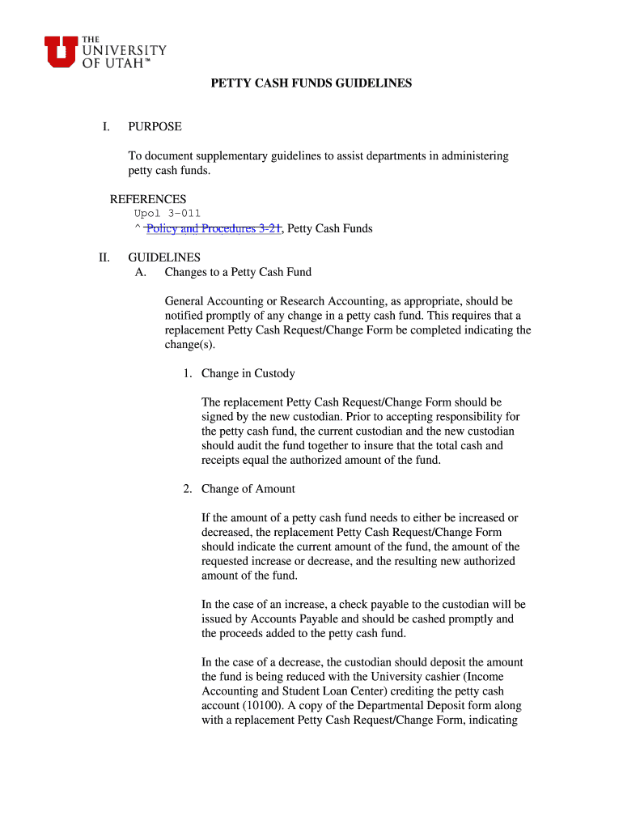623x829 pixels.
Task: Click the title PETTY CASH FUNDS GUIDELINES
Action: pyautogui.click(x=311, y=83)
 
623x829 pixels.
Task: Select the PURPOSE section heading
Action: pyautogui.click(x=155, y=127)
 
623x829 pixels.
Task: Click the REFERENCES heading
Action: pyautogui.click(x=148, y=199)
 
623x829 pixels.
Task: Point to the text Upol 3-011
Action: pyautogui.click(x=167, y=214)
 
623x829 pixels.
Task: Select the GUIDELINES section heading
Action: pyautogui.click(x=164, y=258)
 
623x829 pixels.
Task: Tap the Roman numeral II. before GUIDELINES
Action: pyautogui.click(x=104, y=258)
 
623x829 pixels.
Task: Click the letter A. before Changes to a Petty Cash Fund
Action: pyautogui.click(x=141, y=272)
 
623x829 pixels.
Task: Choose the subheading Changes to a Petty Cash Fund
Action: pyautogui.click(x=238, y=272)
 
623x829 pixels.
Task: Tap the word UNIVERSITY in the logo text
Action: pyautogui.click(x=124, y=50)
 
